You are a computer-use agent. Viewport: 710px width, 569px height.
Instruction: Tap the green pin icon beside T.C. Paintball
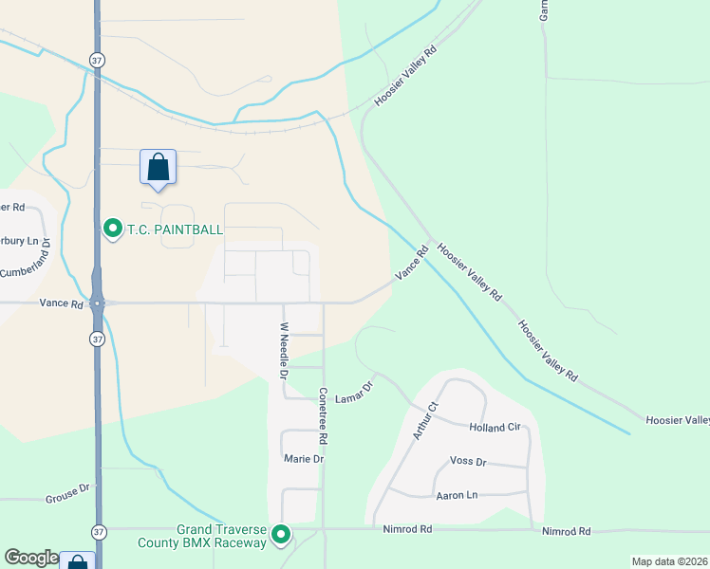tap(113, 229)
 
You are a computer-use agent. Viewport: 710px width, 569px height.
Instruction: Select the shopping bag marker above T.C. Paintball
tap(158, 167)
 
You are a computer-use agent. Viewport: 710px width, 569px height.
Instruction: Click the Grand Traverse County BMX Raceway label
tap(221, 536)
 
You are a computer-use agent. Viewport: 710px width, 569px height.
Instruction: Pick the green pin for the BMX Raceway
tap(281, 536)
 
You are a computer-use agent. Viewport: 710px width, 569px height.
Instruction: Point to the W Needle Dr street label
tap(283, 350)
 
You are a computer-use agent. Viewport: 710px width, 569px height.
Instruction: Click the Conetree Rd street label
tap(324, 416)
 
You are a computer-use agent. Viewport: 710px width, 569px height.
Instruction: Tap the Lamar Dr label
tap(363, 386)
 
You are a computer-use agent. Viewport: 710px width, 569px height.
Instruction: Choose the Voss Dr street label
tap(467, 462)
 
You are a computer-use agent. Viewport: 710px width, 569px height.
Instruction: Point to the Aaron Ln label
tap(456, 495)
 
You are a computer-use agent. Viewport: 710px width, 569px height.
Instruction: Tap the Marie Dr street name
tap(304, 459)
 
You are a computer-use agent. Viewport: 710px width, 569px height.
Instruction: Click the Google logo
tap(31, 558)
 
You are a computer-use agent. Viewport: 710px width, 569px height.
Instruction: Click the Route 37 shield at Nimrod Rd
tap(98, 531)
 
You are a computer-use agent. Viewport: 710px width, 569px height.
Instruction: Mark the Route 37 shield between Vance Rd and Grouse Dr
tap(97, 339)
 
